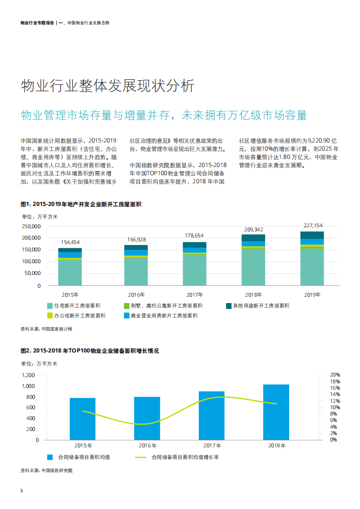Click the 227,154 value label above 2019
pyautogui.click(x=312, y=225)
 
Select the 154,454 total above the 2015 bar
pyautogui.click(x=70, y=242)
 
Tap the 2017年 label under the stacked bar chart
pyautogui.click(x=194, y=295)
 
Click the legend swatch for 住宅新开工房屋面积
pyautogui.click(x=49, y=306)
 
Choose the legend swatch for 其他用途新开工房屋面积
pyautogui.click(x=229, y=306)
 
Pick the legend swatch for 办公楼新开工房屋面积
pyautogui.click(x=49, y=316)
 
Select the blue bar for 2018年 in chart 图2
pyautogui.click(x=276, y=412)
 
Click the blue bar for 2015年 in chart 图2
pyautogui.click(x=83, y=419)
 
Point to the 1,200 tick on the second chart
pyautogui.click(x=28, y=375)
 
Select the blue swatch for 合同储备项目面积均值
pyautogui.click(x=49, y=457)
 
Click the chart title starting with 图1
pyautogui.click(x=81, y=205)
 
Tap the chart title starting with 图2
pyautogui.click(x=90, y=351)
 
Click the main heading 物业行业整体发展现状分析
pyautogui.click(x=108, y=86)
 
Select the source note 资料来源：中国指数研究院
pyautogui.click(x=47, y=470)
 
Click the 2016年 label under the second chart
pyautogui.click(x=147, y=446)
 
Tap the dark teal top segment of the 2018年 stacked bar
pyautogui.click(x=253, y=238)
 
